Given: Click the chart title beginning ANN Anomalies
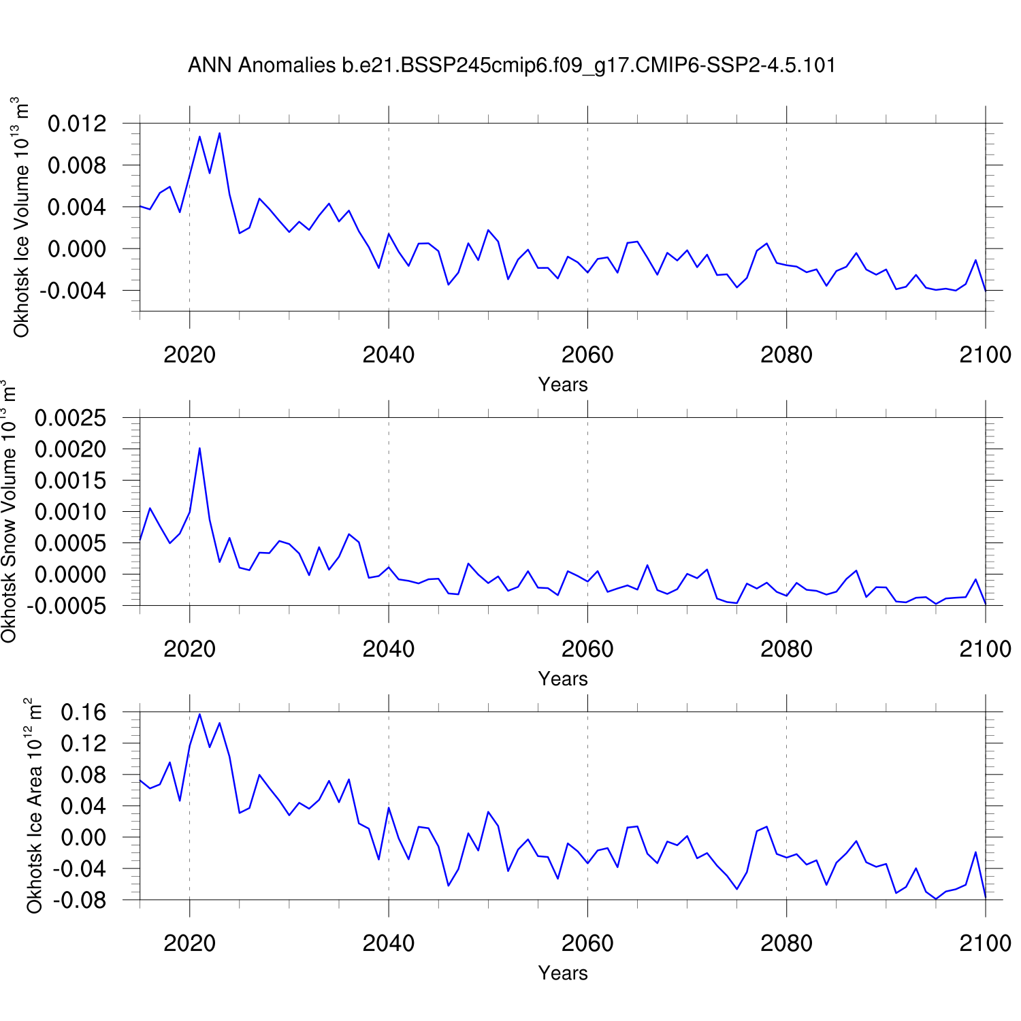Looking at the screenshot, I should coord(511,65).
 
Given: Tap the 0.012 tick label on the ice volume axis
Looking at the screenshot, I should coord(78,124).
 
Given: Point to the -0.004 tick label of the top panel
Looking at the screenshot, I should coord(74,291).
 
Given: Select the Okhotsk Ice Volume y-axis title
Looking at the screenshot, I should coord(22,218).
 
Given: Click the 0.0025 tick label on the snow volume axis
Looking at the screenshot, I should coord(71,418).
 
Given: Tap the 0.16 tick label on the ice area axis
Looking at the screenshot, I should coord(84,713).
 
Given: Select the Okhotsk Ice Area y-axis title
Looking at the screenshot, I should coord(34,806).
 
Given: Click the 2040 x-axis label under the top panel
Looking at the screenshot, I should coord(388,355).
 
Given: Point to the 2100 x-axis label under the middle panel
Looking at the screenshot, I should coord(985,649).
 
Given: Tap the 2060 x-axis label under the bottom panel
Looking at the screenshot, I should coord(587,943).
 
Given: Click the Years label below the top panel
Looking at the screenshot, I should coord(563,385).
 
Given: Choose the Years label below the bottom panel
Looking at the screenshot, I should coord(563,973).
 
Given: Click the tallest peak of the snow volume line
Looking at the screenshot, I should coord(199,448).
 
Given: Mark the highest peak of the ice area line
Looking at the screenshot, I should coord(199,714).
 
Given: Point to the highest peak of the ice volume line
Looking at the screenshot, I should coord(219,133).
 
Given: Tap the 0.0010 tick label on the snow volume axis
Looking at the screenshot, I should coord(71,512).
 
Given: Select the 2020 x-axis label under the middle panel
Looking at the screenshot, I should coord(189,649).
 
